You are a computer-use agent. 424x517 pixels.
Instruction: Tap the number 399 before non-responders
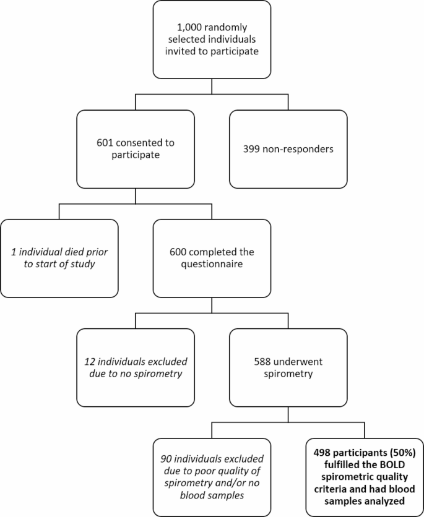pyautogui.click(x=254, y=148)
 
